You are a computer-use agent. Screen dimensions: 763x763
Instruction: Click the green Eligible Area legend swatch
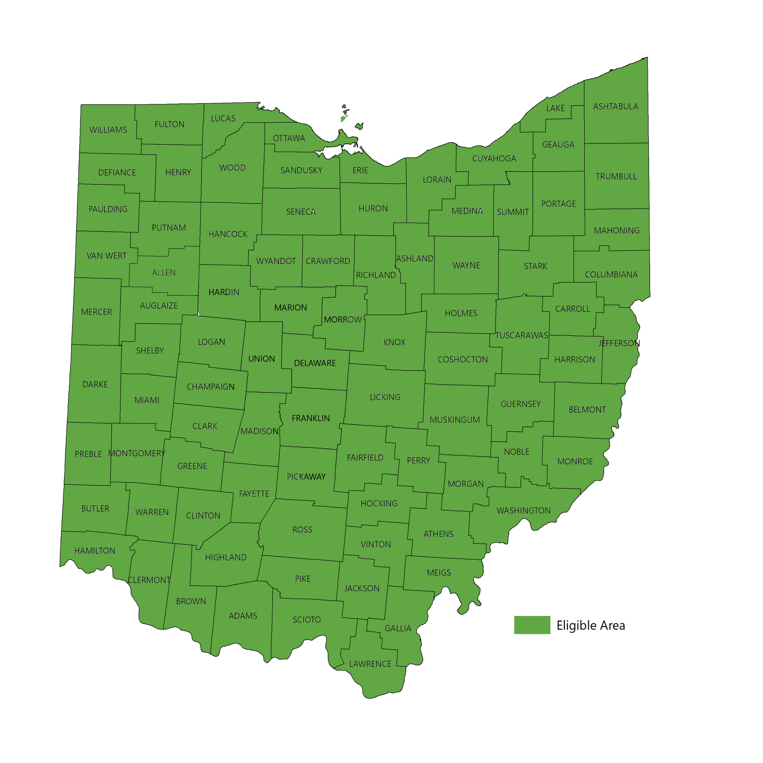pyautogui.click(x=532, y=625)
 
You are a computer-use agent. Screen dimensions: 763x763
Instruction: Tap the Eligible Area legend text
pyautogui.click(x=591, y=626)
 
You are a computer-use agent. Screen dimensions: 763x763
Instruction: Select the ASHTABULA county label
pyautogui.click(x=615, y=107)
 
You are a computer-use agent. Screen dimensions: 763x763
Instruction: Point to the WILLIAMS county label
pyautogui.click(x=108, y=130)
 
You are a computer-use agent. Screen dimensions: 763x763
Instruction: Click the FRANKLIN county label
pyautogui.click(x=310, y=418)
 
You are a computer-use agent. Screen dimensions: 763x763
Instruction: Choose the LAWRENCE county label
pyautogui.click(x=370, y=664)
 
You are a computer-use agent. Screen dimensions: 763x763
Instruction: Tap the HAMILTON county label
pyautogui.click(x=95, y=551)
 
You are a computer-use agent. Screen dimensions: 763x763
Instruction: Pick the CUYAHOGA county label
pyautogui.click(x=494, y=159)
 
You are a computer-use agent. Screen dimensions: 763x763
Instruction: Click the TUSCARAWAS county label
pyautogui.click(x=522, y=335)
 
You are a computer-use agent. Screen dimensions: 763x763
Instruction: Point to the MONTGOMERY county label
pyautogui.click(x=137, y=454)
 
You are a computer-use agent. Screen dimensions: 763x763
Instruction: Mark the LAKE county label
pyautogui.click(x=555, y=108)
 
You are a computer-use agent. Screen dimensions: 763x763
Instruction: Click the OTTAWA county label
pyautogui.click(x=289, y=138)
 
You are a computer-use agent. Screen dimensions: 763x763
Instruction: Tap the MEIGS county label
pyautogui.click(x=439, y=573)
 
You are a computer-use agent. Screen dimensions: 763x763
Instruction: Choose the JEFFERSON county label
pyautogui.click(x=619, y=343)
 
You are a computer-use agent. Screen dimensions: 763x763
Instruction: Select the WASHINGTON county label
pyautogui.click(x=523, y=511)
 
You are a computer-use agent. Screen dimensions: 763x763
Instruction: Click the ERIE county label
pyautogui.click(x=360, y=170)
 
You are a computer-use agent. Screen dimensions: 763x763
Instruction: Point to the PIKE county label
pyautogui.click(x=302, y=579)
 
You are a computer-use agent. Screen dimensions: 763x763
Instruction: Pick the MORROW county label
pyautogui.click(x=343, y=320)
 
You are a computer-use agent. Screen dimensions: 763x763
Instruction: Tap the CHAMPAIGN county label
pyautogui.click(x=211, y=387)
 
